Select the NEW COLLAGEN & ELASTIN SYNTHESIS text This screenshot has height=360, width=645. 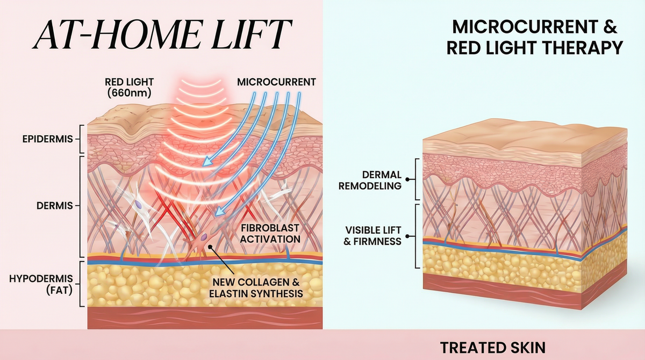(257, 287)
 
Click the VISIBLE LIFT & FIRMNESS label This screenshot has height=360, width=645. (373, 236)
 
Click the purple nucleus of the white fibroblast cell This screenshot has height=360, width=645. (139, 205)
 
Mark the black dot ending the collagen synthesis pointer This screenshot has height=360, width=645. (211, 248)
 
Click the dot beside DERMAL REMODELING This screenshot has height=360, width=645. (407, 180)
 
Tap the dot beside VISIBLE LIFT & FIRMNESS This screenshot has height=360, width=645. (407, 235)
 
